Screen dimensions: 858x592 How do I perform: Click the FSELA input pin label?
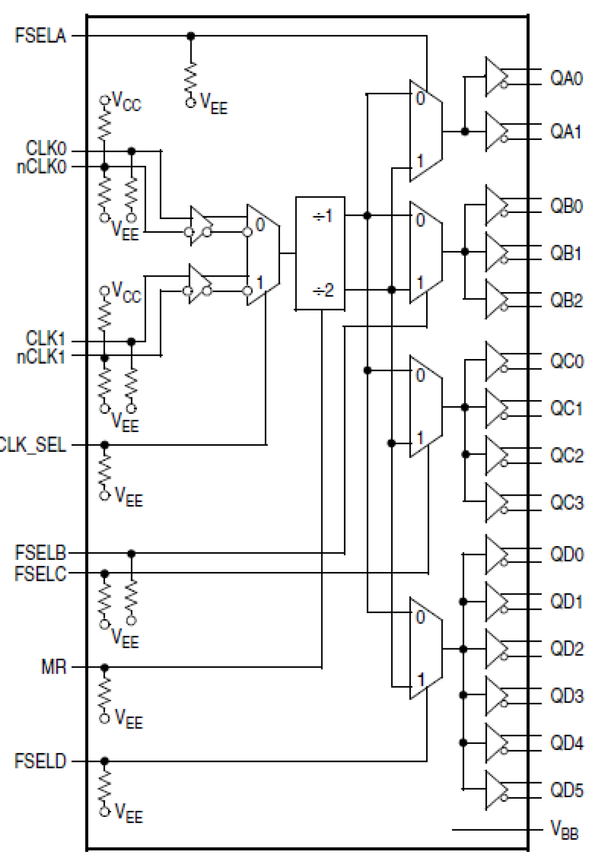41,36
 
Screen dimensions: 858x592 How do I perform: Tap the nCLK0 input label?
41,167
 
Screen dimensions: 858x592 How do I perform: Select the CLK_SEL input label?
32,445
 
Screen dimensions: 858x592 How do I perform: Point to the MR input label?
54,667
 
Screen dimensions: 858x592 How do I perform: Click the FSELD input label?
41,761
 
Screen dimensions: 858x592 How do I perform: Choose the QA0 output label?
566,78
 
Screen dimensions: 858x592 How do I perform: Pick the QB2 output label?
566,300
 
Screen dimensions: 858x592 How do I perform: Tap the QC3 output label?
566,503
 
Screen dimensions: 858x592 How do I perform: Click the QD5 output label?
566,790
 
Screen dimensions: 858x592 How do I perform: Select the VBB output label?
564,830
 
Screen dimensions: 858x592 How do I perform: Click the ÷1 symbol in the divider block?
322,216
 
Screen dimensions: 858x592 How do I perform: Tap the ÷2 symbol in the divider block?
322,290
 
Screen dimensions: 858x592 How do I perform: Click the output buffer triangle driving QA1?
496,131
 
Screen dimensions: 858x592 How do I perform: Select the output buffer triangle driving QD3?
496,695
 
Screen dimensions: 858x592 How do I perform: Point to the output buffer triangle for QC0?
496,361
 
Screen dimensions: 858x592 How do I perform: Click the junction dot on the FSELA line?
190,36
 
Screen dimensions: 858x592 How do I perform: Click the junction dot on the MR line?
105,667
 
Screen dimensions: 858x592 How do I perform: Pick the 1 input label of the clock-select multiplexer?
260,283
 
